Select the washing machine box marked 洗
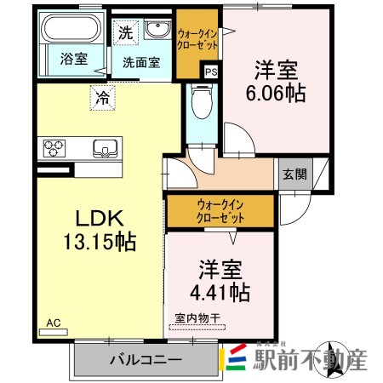pyautogui.click(x=125, y=34)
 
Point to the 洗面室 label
pyautogui.click(x=140, y=61)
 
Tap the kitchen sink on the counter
pyautogui.click(x=106, y=147)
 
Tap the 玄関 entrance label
pyautogui.click(x=294, y=174)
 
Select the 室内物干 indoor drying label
pyautogui.click(x=197, y=318)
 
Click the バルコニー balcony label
pyautogui.click(x=146, y=359)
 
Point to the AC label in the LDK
pyautogui.click(x=54, y=322)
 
